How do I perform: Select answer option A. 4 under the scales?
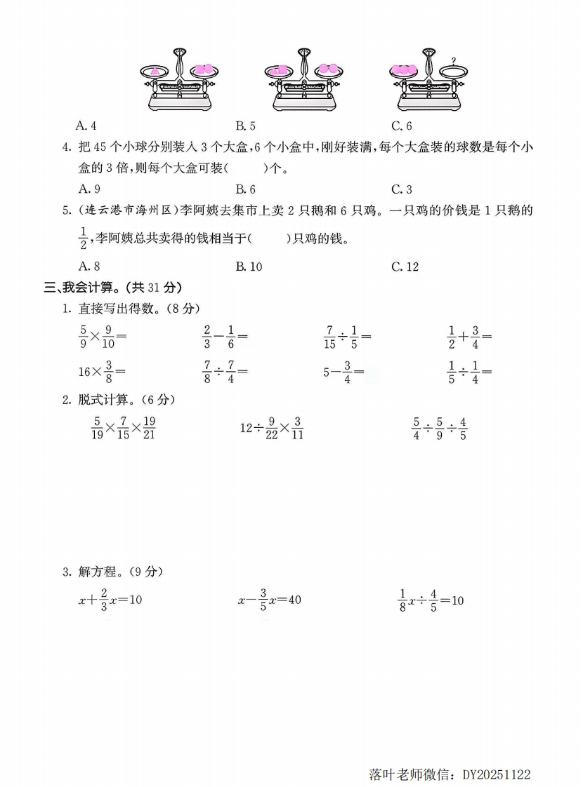(x=86, y=126)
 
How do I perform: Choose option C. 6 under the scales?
(x=401, y=126)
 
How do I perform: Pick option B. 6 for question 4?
(x=245, y=189)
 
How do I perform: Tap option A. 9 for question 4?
(x=88, y=189)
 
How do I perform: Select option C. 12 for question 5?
(x=405, y=267)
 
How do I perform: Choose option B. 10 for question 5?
(x=249, y=267)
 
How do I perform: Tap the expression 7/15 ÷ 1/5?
(x=347, y=337)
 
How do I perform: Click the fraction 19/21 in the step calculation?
(x=148, y=428)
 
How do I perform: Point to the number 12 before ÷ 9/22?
(x=246, y=428)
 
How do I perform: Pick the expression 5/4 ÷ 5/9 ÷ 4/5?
(x=440, y=428)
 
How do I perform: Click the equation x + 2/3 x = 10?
(x=110, y=600)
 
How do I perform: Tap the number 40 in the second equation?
(x=294, y=600)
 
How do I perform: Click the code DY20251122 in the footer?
(x=497, y=775)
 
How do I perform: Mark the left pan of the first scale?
(x=154, y=70)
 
